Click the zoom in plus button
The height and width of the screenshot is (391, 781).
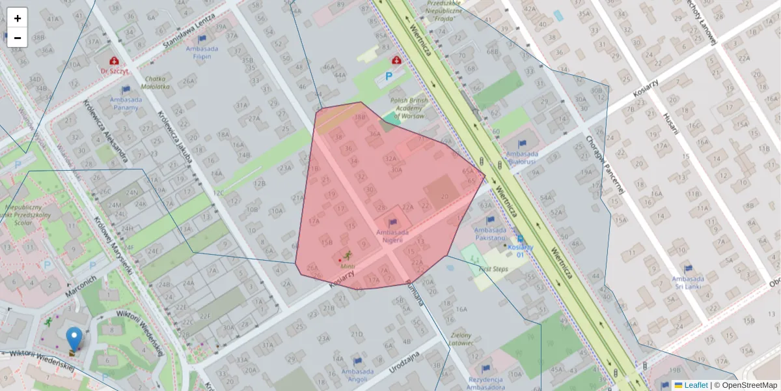tap(18, 18)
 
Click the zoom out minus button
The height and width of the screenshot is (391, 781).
tap(18, 38)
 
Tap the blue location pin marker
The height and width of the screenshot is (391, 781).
tap(74, 339)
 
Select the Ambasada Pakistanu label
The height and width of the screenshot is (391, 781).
tap(490, 233)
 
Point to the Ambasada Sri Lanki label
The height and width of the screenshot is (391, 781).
tap(688, 279)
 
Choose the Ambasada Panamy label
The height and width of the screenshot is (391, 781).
tap(126, 103)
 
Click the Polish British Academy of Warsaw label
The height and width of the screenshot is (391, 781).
tap(409, 108)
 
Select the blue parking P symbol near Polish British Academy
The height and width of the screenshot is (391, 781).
tap(389, 76)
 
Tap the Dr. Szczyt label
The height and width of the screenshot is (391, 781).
tap(114, 70)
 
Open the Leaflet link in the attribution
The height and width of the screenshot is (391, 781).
tap(695, 385)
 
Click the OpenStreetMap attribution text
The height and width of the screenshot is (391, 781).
tap(748, 385)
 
